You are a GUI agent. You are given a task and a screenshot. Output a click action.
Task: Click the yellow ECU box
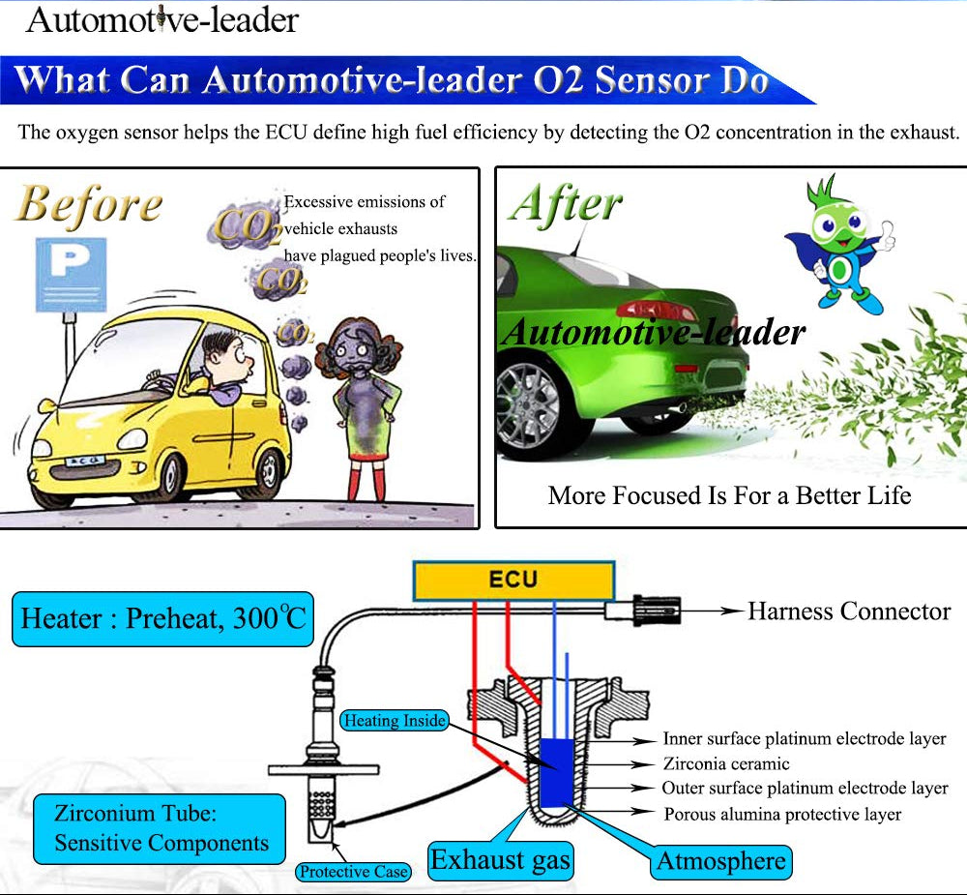513,581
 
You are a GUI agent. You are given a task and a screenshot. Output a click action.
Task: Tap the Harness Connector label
848,612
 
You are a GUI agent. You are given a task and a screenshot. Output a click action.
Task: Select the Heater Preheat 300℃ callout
162,619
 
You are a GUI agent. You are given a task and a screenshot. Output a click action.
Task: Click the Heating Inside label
395,721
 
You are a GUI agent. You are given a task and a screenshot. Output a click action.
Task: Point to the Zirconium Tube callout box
160,828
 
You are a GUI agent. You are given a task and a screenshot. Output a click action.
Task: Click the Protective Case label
353,872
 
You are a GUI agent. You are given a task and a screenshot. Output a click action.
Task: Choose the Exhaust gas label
500,859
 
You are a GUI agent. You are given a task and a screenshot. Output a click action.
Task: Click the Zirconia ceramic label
726,764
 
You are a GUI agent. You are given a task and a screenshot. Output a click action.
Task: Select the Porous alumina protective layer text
782,815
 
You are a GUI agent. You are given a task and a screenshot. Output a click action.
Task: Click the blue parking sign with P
71,274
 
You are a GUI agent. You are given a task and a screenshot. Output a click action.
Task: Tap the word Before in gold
89,205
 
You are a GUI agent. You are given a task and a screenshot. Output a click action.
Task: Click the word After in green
567,204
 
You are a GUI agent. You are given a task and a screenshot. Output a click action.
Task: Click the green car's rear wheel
531,407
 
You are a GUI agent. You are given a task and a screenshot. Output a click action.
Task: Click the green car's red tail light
658,311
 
